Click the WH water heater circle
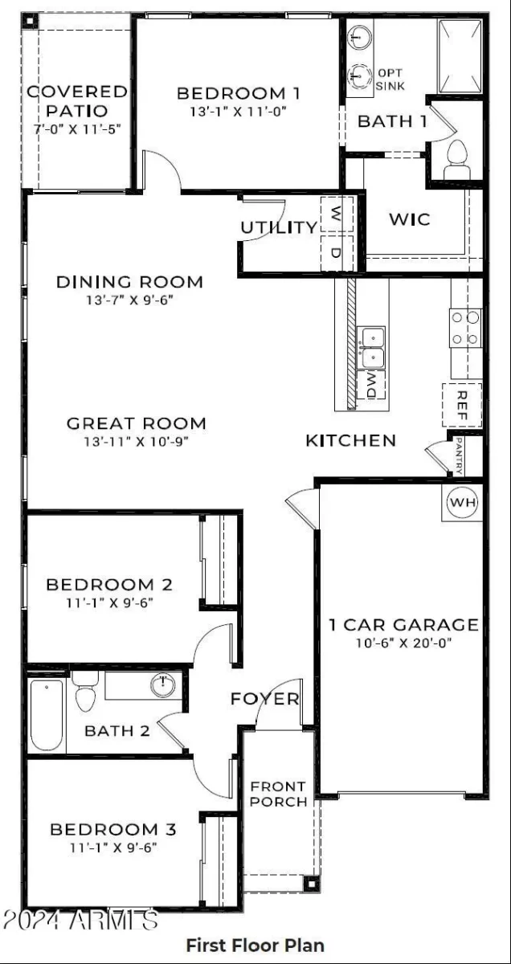[462, 502]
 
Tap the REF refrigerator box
[462, 405]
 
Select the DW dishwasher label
[370, 385]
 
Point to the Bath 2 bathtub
[47, 715]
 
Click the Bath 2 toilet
[85, 691]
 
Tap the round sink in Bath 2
[163, 684]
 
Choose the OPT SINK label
[390, 80]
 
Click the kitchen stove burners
[465, 328]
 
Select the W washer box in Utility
[337, 214]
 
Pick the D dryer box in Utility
[337, 253]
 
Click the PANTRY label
[459, 455]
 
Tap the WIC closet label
[410, 219]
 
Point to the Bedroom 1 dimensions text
[239, 112]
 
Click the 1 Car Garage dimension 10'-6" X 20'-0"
[403, 643]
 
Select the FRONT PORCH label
[279, 794]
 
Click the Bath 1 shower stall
[460, 56]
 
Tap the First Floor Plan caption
[255, 945]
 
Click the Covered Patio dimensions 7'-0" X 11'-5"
[77, 129]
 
